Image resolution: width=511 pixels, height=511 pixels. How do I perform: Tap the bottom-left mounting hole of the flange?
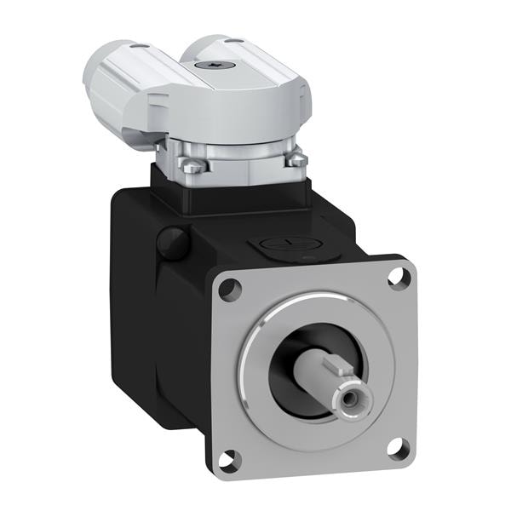(227, 461)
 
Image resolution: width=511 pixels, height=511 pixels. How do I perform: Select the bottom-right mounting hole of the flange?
(395, 445)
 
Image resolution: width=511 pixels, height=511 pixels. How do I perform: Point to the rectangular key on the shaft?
(336, 369)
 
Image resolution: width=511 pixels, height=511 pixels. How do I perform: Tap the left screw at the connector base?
(193, 166)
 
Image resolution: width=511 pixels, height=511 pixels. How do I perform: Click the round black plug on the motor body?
(173, 243)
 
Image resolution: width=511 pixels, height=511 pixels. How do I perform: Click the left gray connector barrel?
(119, 85)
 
